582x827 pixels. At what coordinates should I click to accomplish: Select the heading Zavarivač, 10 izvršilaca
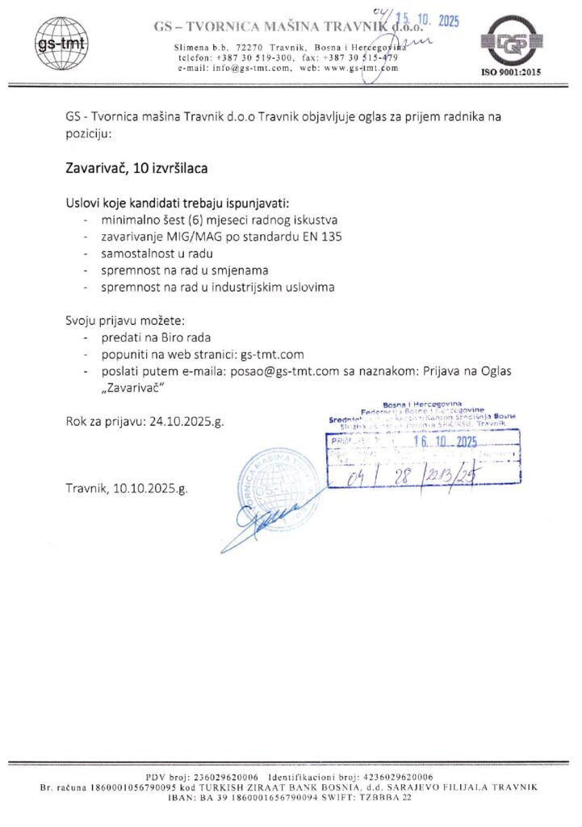coord(136,169)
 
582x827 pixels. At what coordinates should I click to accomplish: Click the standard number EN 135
coord(323,237)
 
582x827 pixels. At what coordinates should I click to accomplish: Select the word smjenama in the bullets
coord(241,271)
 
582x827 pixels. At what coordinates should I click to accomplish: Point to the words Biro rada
coord(186,337)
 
